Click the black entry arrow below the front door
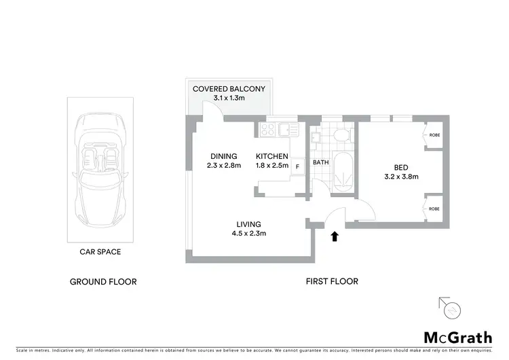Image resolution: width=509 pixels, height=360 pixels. [333, 236]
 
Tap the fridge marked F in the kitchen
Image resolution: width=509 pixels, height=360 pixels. [297, 165]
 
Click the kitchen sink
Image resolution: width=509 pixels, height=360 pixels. [287, 128]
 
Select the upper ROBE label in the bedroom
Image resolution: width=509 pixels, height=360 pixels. [434, 135]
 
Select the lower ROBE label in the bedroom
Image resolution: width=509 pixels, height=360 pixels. [434, 209]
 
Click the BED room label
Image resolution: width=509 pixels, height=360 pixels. [400, 168]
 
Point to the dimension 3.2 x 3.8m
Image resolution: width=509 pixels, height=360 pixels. [400, 177]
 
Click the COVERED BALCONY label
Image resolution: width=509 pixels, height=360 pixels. [229, 89]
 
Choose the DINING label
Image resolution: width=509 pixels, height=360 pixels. [223, 156]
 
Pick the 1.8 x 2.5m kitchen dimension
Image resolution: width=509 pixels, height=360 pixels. [271, 165]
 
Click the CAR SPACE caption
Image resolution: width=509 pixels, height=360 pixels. [100, 252]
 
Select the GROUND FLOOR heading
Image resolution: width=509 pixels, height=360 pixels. [103, 281]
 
